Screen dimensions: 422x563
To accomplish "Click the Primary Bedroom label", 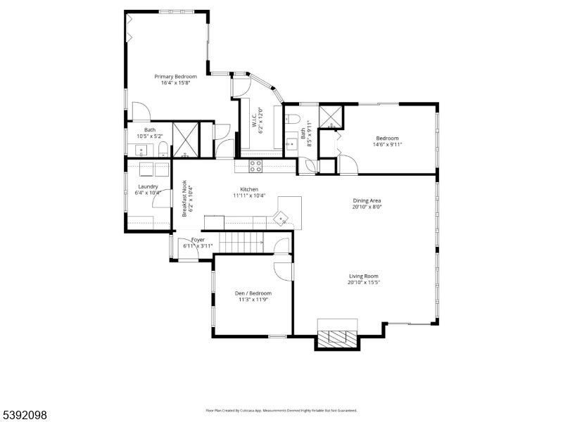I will click(x=176, y=76).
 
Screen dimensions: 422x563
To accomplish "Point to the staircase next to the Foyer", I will click(x=241, y=243).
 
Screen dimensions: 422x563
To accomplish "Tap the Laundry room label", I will click(x=148, y=186).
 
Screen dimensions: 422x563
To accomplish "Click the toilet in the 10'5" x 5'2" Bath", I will click(x=163, y=148).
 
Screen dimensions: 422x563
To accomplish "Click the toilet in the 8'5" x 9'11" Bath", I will click(x=293, y=117).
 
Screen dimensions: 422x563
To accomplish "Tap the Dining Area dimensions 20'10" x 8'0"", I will click(x=367, y=207).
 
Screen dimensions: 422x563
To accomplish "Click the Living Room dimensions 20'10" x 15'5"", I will click(x=364, y=283).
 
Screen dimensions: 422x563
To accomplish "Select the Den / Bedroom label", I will click(x=253, y=293).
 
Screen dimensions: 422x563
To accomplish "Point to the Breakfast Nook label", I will click(x=185, y=198).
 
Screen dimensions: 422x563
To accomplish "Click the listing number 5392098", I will click(x=25, y=416).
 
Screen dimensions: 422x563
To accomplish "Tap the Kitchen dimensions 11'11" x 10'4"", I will click(x=249, y=196).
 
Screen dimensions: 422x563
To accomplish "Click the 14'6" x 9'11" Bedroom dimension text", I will click(x=387, y=145).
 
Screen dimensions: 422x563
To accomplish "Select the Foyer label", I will click(x=198, y=239).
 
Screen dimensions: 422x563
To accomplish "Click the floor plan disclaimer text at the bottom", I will click(x=281, y=410).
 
